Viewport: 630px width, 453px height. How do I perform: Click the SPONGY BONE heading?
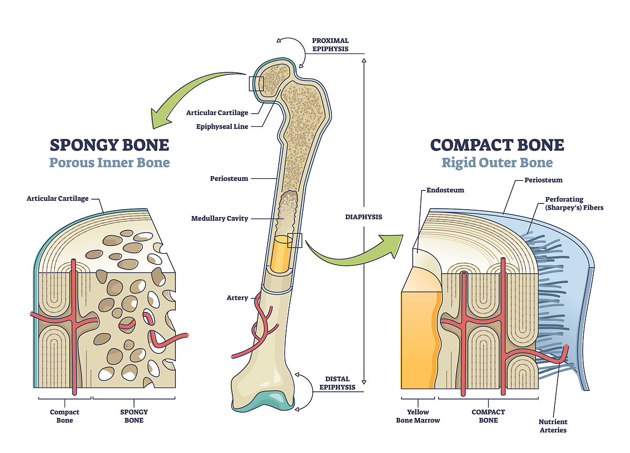tap(109, 145)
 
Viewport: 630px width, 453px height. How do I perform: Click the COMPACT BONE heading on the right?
tap(497, 145)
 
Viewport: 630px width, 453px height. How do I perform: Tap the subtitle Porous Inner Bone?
tap(109, 163)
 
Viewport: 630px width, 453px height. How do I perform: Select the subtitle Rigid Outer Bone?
tap(497, 163)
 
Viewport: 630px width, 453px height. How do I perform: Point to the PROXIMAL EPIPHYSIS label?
tap(330, 45)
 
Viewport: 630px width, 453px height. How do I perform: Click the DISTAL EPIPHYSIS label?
tap(337, 383)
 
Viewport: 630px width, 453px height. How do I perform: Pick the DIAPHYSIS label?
tap(363, 217)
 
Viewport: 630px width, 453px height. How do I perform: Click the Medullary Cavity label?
tap(219, 218)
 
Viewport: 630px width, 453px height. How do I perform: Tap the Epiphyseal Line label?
tap(222, 126)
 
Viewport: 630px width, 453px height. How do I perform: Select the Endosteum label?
tap(446, 190)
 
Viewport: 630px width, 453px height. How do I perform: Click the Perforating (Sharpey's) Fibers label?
tap(574, 203)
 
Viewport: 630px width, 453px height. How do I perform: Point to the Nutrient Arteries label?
tap(553, 426)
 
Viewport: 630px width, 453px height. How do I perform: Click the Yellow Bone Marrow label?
tap(418, 416)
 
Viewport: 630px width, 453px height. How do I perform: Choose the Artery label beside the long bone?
tap(237, 298)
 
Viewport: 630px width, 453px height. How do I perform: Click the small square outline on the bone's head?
tap(256, 83)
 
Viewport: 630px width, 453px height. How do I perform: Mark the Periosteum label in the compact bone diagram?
tap(543, 180)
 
